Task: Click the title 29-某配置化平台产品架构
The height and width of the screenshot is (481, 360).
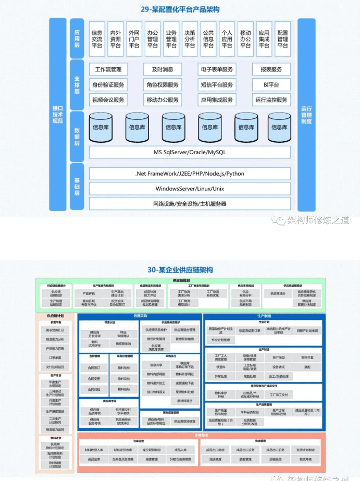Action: (180, 9)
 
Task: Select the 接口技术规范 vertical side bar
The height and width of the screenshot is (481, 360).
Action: (57, 115)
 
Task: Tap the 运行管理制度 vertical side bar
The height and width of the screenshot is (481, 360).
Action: (306, 115)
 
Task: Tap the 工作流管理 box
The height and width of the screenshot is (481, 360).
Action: (108, 69)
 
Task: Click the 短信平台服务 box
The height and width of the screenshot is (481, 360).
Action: (217, 84)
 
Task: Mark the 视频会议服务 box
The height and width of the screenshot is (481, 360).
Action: (108, 100)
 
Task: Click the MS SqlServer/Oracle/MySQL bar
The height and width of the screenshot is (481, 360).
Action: (190, 152)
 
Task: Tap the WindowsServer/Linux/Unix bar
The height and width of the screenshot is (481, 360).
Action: (190, 188)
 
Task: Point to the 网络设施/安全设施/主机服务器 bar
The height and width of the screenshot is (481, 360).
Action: (190, 203)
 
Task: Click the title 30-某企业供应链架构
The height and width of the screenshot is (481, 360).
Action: (180, 269)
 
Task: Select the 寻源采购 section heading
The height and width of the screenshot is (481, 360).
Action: (141, 316)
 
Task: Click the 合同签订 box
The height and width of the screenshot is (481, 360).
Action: (94, 367)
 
